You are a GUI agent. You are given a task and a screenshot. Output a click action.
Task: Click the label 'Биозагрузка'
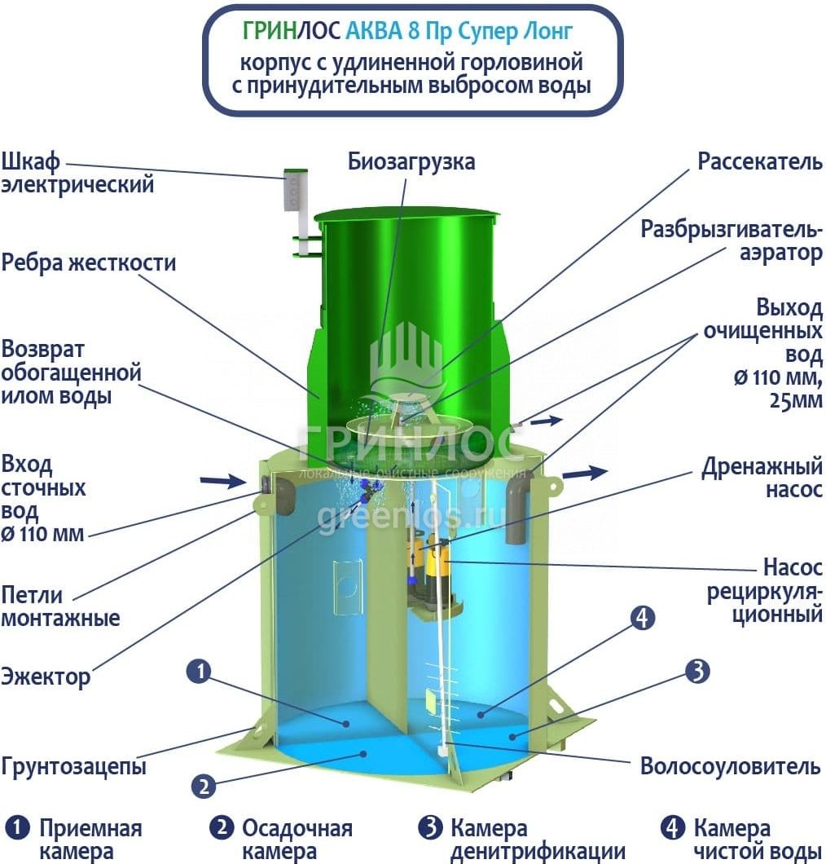[411, 162]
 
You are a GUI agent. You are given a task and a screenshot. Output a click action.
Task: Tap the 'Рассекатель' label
[760, 161]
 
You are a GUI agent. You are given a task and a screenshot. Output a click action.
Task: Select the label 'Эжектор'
[45, 676]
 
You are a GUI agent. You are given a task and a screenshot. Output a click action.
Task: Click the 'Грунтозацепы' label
[74, 766]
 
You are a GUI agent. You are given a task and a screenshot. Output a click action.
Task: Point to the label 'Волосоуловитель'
[730, 766]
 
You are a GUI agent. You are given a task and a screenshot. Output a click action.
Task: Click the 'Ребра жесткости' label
[89, 262]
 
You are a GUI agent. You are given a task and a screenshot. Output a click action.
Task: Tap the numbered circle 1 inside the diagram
[199, 672]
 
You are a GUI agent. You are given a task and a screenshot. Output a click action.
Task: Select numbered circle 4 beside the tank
[642, 618]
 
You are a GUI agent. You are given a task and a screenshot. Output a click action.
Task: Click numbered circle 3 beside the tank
[697, 671]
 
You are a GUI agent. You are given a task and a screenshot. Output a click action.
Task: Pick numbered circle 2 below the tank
[204, 786]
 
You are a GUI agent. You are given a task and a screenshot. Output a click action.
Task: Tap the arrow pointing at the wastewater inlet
[222, 481]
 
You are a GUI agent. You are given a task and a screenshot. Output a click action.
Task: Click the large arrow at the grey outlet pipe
[585, 473]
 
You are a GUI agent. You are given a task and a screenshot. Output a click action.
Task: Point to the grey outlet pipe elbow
[517, 506]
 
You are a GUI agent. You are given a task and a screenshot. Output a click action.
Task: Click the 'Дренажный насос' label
[762, 477]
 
